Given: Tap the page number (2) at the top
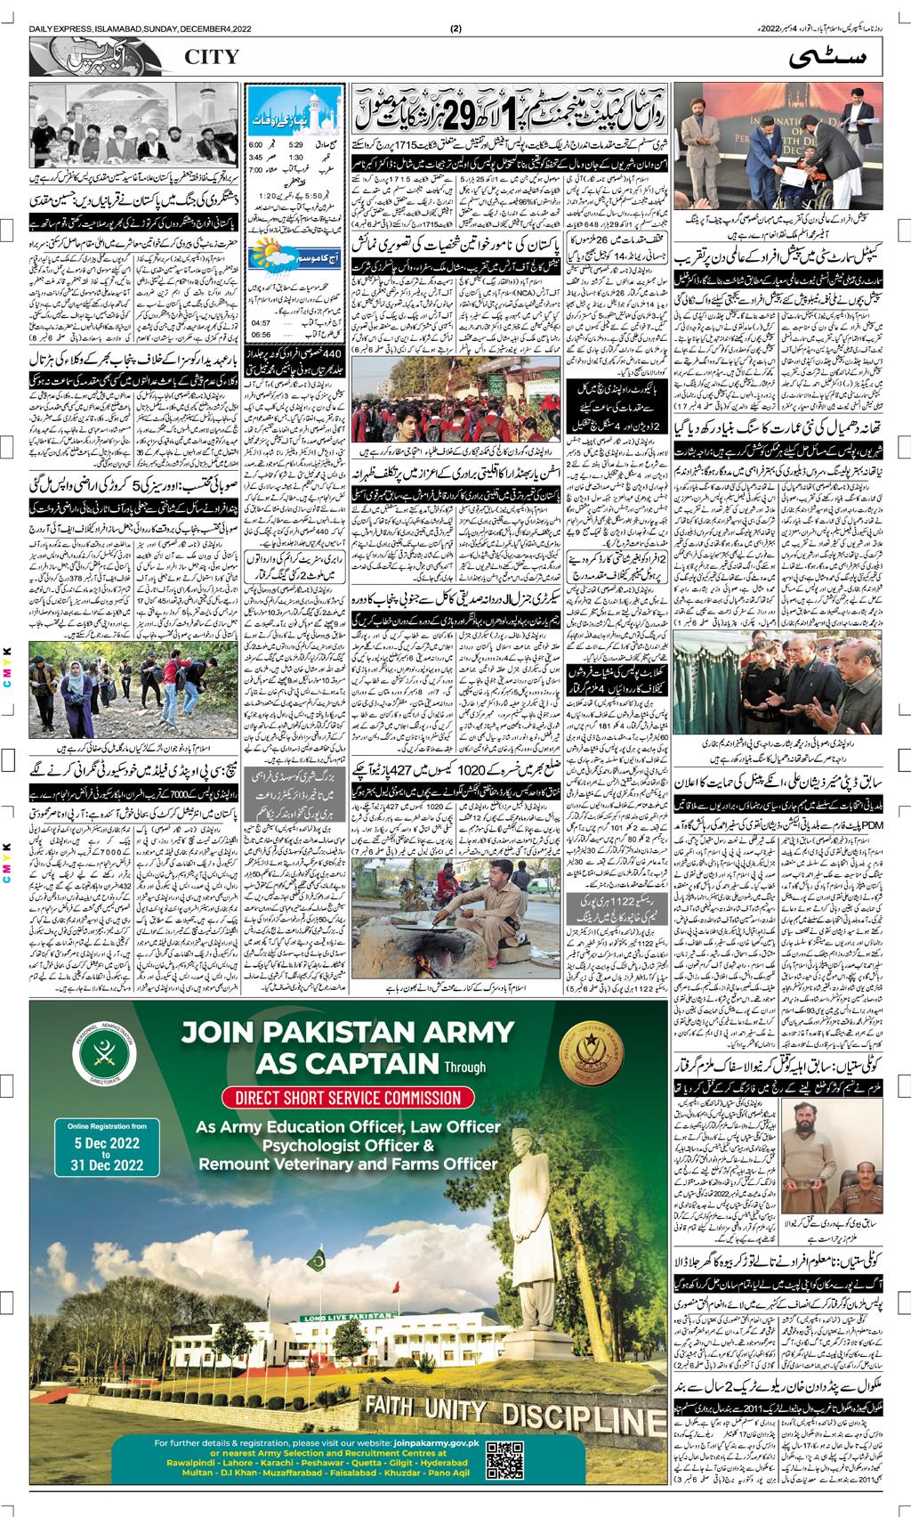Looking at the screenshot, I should tap(455, 28).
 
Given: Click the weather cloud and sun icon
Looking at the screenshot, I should tap(273, 254).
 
